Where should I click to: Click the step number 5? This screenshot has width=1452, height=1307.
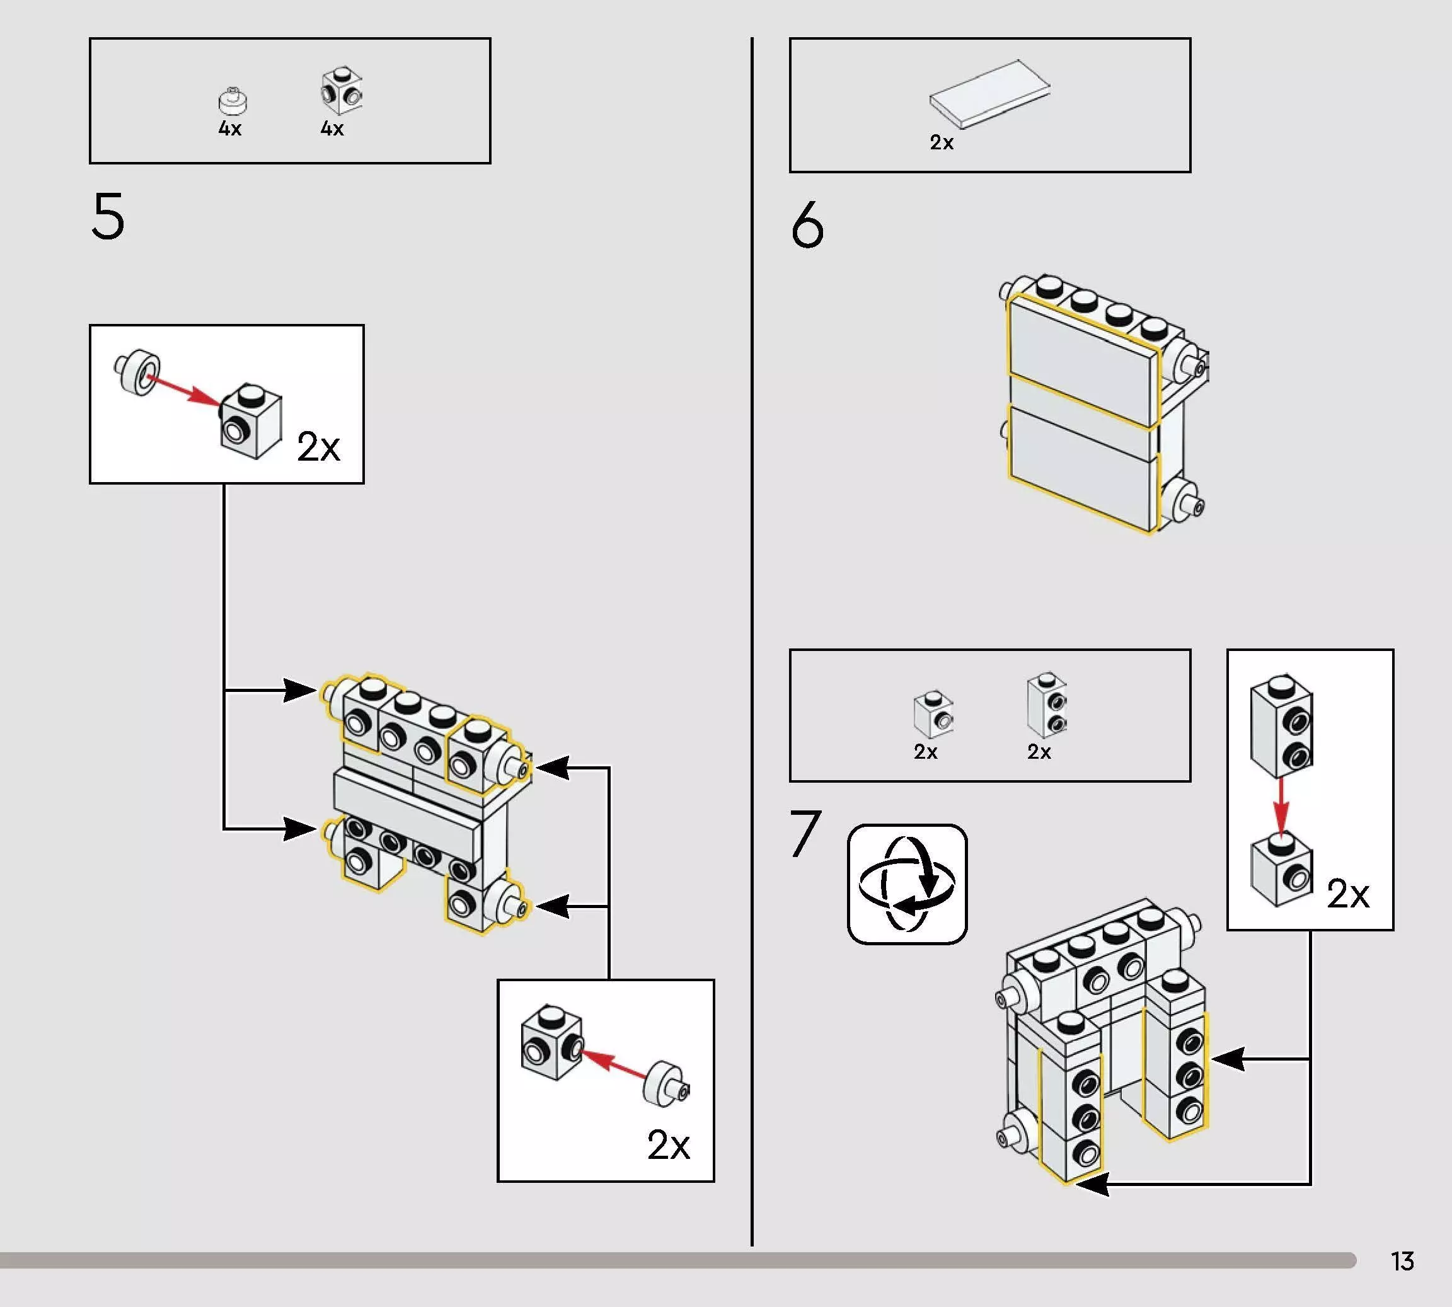[108, 216]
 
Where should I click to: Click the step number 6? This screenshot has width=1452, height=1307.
[807, 225]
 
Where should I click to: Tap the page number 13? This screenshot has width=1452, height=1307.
[1402, 1261]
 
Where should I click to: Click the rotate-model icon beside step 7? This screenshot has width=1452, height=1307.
[907, 884]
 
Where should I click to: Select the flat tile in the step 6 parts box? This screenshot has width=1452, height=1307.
[989, 93]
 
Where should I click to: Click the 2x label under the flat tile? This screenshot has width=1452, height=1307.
[942, 143]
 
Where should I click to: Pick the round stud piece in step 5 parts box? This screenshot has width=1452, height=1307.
[233, 102]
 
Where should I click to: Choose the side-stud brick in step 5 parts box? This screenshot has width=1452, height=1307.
[342, 91]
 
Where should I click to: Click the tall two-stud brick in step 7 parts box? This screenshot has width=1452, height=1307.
[1047, 705]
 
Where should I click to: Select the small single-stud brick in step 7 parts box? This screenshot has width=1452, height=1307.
[933, 715]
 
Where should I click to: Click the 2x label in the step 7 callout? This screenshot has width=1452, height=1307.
[1347, 894]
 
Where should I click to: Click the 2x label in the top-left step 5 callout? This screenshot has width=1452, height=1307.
[318, 447]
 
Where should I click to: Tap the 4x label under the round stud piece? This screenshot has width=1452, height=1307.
[230, 129]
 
